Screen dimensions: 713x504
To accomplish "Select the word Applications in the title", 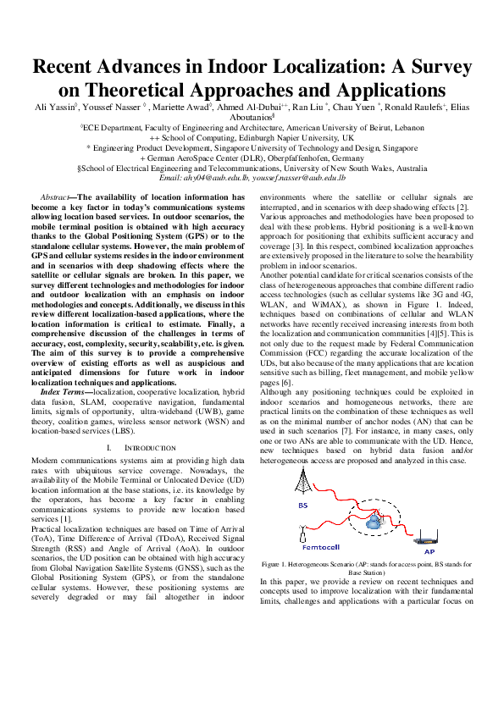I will point(378,89).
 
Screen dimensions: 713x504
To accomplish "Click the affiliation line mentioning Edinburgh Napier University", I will point(252,137).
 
